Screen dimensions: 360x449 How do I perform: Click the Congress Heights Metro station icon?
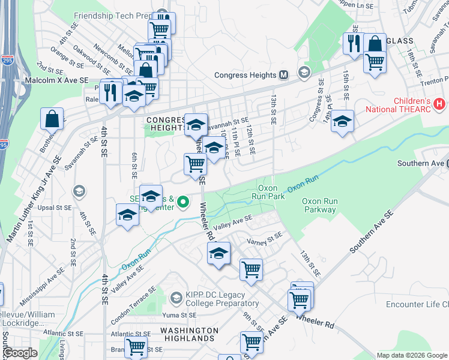pos(284,75)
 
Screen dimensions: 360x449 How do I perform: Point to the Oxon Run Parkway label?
pos(319,205)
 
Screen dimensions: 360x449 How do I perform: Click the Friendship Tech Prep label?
pos(112,16)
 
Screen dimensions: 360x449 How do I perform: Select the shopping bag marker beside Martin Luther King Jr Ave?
pos(52,119)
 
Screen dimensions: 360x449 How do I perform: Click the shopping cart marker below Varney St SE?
pos(251,269)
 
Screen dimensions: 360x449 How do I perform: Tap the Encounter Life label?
pos(417,304)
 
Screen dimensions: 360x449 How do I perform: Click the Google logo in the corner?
pos(20,353)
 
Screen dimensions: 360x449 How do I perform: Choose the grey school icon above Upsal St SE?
pos(79,191)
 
